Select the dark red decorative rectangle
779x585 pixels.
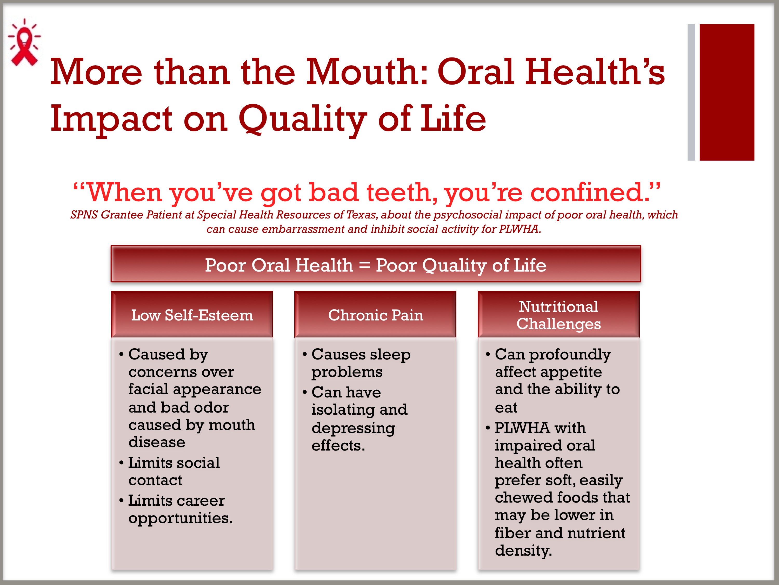(727, 92)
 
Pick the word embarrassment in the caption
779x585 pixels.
(303, 229)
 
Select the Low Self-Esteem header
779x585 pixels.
(192, 314)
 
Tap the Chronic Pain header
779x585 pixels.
(375, 314)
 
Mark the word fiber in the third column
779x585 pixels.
(512, 533)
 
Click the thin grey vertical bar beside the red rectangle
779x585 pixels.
(691, 92)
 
